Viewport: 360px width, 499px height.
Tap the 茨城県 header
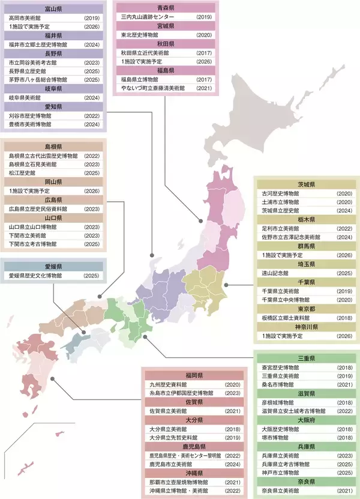[306, 185]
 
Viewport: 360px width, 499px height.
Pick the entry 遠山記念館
[276, 273]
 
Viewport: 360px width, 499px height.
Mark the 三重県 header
[306, 358]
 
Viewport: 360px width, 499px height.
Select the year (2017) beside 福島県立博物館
[205, 79]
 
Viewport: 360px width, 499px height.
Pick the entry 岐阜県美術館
[26, 97]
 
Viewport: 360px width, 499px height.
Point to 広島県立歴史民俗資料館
[37, 209]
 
